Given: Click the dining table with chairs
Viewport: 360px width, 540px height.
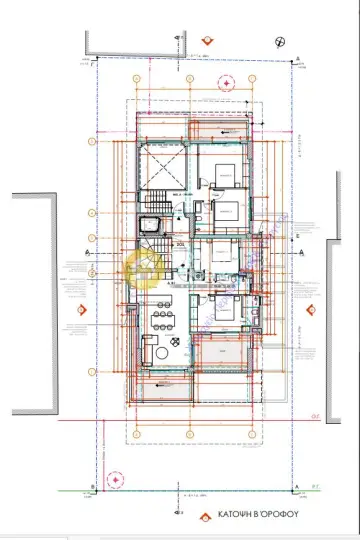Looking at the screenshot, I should click(x=159, y=319).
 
